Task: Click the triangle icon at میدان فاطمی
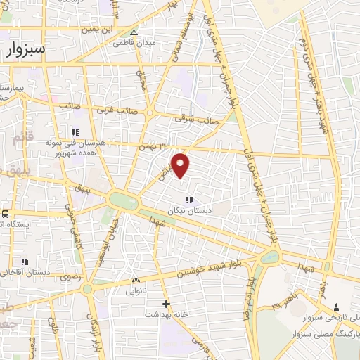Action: coord(134,32)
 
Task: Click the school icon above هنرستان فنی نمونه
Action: coord(76,131)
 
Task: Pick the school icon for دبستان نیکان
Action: coord(188,200)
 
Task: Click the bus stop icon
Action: coord(5,214)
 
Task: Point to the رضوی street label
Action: coord(72,278)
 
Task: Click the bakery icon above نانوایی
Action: coord(136,281)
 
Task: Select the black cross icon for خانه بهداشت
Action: coord(166,304)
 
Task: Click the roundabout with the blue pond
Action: coord(269,257)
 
